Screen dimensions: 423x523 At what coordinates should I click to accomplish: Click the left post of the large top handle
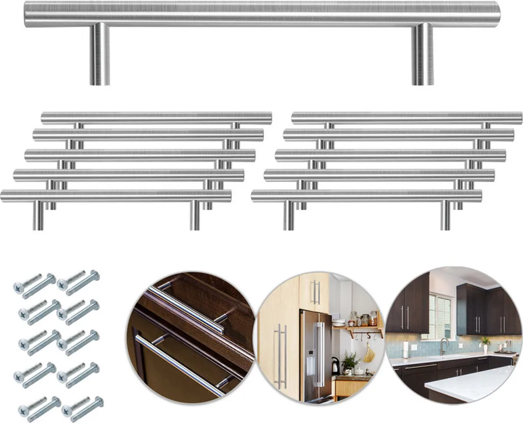(x=100, y=55)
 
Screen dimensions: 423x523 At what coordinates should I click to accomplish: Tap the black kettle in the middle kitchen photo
(x=336, y=366)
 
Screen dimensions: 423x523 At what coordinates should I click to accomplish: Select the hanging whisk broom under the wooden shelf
(x=369, y=353)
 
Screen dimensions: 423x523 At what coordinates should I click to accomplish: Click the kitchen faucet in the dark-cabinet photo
(x=443, y=346)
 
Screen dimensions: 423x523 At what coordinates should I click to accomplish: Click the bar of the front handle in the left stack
(x=116, y=196)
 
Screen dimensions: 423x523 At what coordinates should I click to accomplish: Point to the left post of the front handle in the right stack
(x=289, y=215)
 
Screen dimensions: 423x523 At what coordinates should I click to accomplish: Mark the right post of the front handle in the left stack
(x=195, y=215)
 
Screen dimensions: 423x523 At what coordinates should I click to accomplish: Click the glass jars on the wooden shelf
(x=363, y=319)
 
